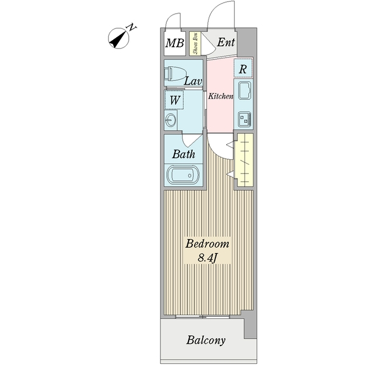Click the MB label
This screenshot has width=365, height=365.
175,44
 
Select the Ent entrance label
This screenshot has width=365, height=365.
226,43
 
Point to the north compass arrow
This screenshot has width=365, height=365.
118,39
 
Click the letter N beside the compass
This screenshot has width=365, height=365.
131,27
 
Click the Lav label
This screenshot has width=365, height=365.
193,81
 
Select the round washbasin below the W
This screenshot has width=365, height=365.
170,119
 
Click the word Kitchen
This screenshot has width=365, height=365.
221,97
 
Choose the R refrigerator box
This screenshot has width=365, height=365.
243,69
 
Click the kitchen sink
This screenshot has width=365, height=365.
245,92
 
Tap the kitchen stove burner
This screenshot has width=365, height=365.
245,119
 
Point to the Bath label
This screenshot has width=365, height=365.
183,154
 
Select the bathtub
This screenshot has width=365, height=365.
183,175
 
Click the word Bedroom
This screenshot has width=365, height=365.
207,244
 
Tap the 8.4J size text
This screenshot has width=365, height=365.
207,258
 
